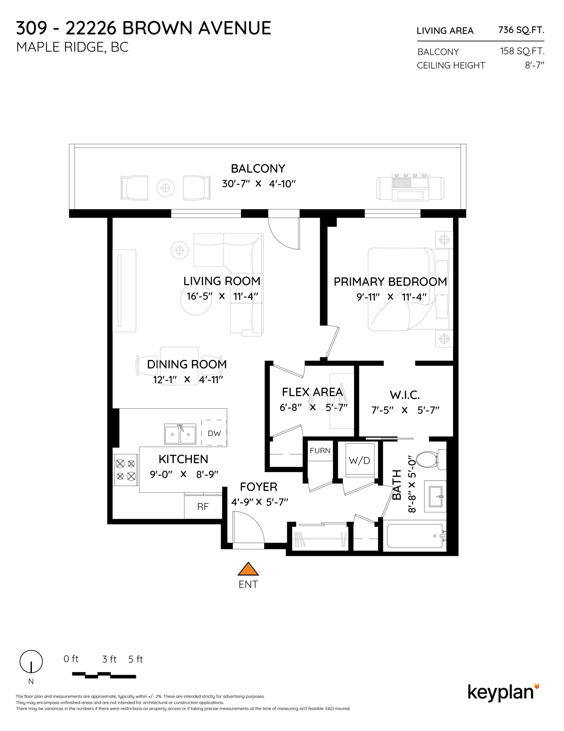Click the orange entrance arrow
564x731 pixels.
(x=248, y=569)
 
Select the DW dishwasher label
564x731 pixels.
(x=214, y=433)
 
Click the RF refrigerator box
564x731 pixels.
(x=203, y=507)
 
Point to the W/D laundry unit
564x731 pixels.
(x=359, y=460)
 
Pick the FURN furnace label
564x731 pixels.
(x=320, y=451)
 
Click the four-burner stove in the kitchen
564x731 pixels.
(x=126, y=470)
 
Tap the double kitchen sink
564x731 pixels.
(x=180, y=434)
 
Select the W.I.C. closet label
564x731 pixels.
(x=405, y=395)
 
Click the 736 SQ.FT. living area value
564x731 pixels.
(x=521, y=30)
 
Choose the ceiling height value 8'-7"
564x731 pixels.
(x=535, y=65)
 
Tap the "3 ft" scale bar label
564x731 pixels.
(x=109, y=659)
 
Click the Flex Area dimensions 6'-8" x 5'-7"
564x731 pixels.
(x=314, y=407)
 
